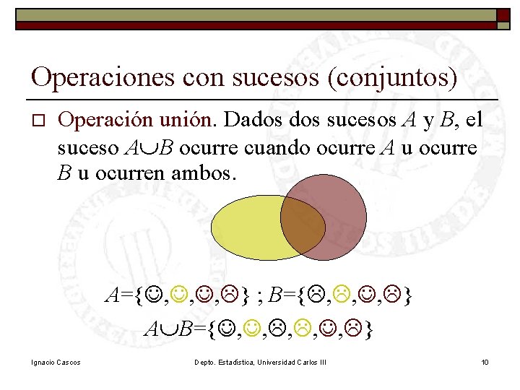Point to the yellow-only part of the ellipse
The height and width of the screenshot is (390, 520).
coord(246,227)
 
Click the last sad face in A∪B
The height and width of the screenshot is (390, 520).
coord(351,331)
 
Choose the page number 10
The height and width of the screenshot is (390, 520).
coord(485,361)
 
